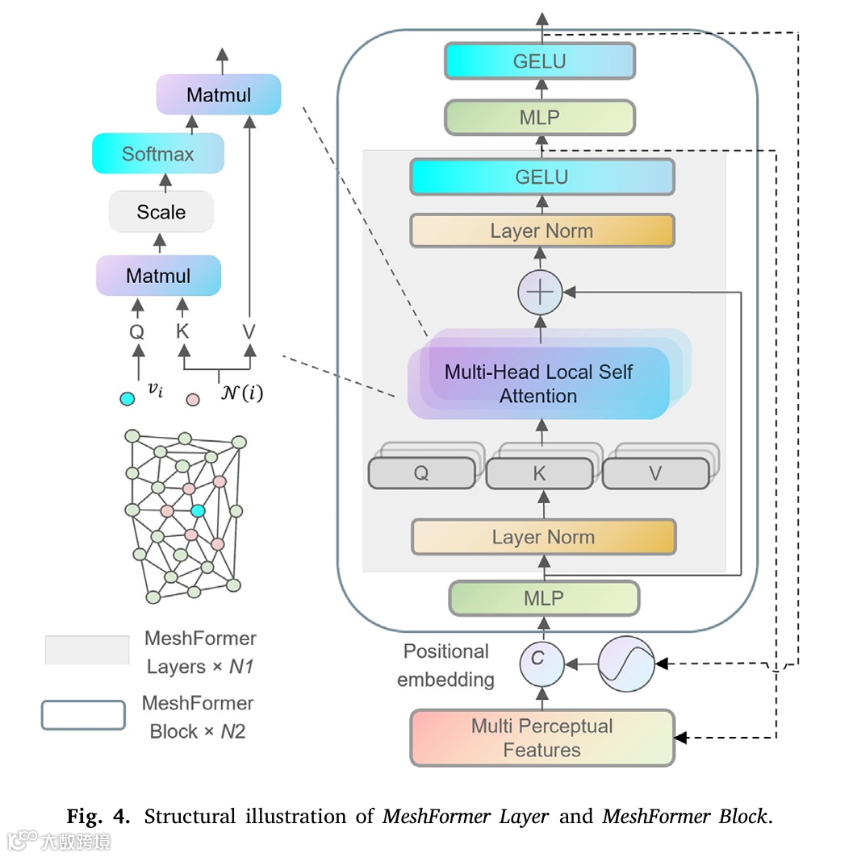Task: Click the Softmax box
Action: click(158, 153)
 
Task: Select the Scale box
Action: click(161, 212)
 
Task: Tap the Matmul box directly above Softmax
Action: click(218, 94)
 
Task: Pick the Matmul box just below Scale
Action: click(158, 276)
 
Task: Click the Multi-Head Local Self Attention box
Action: click(538, 384)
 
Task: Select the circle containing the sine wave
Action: click(626, 663)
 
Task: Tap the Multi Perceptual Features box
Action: click(541, 738)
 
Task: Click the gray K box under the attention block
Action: click(539, 473)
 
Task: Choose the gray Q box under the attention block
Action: click(421, 473)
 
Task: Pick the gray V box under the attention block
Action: click(655, 473)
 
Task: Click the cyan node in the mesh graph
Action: click(198, 510)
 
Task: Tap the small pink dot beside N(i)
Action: click(193, 398)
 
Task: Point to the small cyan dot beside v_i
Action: click(127, 398)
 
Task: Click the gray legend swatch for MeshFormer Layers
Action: click(87, 650)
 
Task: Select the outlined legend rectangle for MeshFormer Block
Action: click(84, 715)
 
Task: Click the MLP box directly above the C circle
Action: click(543, 599)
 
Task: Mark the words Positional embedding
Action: click(446, 665)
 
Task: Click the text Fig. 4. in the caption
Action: click(97, 816)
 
